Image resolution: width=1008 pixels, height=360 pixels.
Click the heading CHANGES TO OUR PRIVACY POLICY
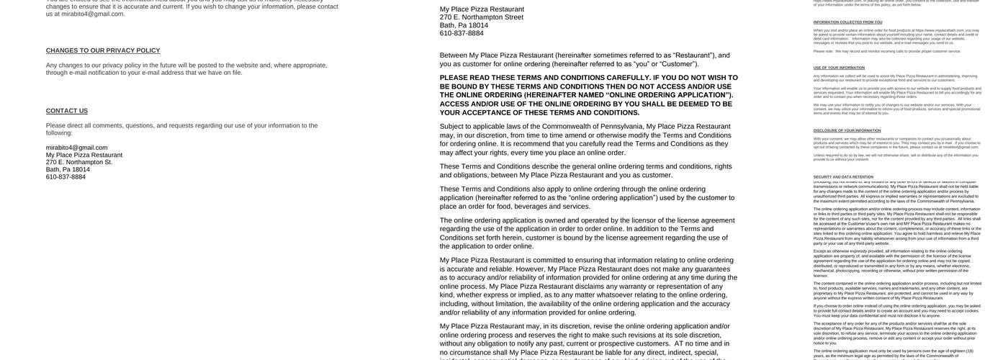(103, 50)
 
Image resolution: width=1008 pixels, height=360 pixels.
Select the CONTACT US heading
(67, 111)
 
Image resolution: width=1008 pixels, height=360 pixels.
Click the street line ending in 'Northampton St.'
(79, 162)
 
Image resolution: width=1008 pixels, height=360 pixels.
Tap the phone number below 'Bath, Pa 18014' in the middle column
(462, 33)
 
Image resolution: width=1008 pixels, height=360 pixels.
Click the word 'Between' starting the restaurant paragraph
(454, 55)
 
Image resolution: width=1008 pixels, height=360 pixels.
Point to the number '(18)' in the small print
(969, 351)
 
